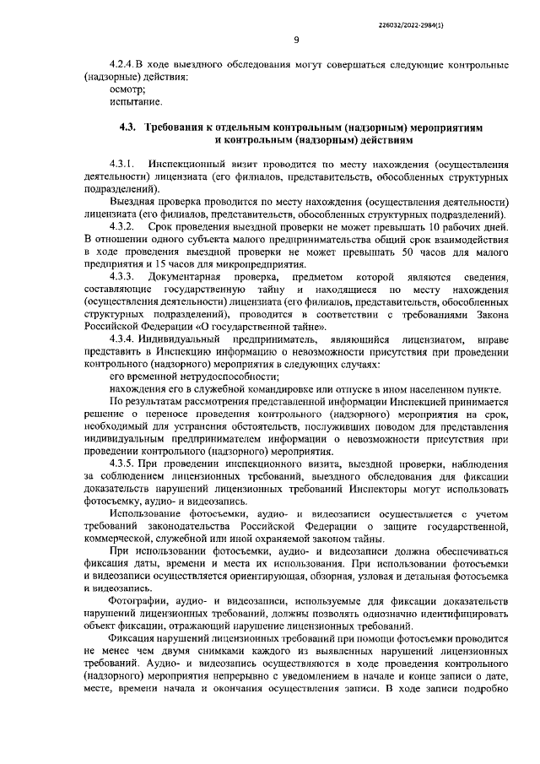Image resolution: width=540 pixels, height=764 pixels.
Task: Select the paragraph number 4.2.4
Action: (123, 65)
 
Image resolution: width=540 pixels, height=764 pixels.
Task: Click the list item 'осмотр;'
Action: (128, 89)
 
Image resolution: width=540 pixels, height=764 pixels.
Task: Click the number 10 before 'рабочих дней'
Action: (435, 227)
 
